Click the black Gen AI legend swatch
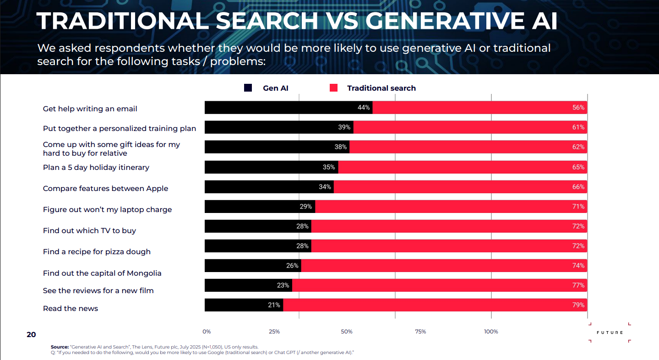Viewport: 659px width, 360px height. (x=248, y=88)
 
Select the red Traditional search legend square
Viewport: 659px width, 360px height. (x=333, y=88)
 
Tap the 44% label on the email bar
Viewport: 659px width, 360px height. (x=364, y=108)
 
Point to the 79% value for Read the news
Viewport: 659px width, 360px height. (x=578, y=305)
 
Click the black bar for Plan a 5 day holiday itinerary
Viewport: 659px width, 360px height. (x=271, y=167)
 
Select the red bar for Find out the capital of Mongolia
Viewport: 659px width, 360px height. (x=444, y=266)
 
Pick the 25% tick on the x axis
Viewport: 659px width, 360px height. (x=274, y=332)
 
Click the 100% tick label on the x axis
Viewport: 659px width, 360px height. (x=491, y=332)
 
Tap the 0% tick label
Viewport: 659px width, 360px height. (x=207, y=332)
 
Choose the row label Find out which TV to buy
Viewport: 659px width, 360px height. (x=89, y=231)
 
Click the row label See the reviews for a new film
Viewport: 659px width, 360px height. (x=98, y=291)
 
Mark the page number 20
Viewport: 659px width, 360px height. (x=31, y=335)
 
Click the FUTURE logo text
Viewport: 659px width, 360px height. (x=610, y=333)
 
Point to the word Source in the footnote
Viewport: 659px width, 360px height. (x=59, y=347)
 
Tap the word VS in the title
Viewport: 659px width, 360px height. (x=342, y=21)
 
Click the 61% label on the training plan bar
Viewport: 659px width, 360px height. (x=578, y=127)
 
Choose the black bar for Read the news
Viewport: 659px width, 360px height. (x=244, y=305)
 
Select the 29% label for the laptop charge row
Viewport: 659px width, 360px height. (x=305, y=207)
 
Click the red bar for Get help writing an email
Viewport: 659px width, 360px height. (x=479, y=108)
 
